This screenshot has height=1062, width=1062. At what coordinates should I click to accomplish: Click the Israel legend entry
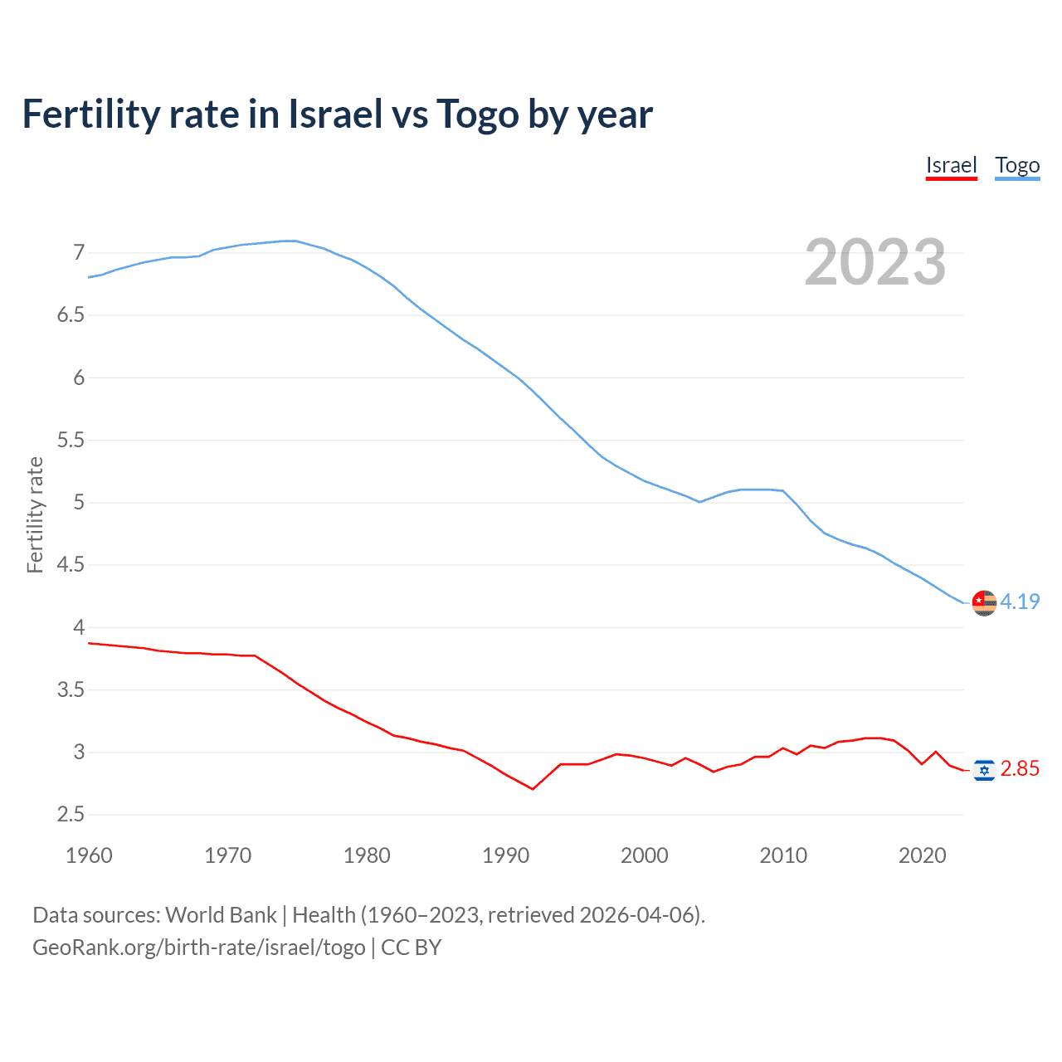(951, 165)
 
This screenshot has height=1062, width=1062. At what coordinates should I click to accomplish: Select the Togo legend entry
(1017, 165)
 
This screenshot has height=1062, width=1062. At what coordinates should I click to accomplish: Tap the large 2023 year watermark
(874, 262)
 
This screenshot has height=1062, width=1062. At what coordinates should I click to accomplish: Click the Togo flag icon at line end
(984, 602)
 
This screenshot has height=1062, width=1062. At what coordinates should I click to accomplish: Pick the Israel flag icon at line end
(984, 770)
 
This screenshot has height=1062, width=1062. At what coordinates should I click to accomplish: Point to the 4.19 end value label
(1020, 602)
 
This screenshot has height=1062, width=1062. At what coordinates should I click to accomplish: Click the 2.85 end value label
(1020, 769)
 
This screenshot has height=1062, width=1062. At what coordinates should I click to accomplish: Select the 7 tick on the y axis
(79, 252)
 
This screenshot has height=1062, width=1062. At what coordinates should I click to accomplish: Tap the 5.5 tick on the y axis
(71, 440)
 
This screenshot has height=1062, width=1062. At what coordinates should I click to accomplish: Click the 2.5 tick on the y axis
(71, 815)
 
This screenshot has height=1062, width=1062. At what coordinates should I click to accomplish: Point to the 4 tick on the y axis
(79, 627)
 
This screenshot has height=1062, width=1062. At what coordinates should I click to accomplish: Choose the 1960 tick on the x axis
(89, 855)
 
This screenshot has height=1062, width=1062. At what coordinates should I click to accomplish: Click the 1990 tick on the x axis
(505, 855)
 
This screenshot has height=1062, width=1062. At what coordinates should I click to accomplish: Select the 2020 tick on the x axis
(922, 855)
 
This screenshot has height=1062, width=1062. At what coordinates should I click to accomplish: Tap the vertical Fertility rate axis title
(35, 514)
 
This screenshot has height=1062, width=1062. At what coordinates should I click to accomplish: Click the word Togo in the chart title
(477, 114)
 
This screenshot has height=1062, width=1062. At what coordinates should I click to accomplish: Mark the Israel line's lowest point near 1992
(533, 789)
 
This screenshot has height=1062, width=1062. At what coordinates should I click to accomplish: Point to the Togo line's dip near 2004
(699, 502)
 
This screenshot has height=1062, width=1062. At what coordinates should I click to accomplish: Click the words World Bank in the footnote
(221, 915)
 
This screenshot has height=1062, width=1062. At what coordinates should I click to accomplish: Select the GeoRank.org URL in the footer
(199, 948)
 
